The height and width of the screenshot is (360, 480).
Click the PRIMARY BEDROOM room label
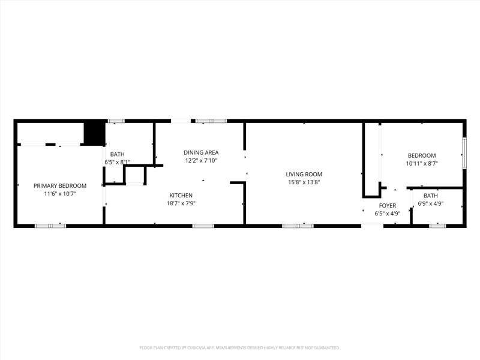pos(60,186)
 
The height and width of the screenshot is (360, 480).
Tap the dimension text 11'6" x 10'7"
pos(60,194)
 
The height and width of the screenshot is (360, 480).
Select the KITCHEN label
pos(181,196)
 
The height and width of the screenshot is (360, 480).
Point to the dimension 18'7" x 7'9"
pos(181,203)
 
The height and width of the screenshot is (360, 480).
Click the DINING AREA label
pos(201,152)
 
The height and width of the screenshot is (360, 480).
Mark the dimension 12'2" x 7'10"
pos(201,160)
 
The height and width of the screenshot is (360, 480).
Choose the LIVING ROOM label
pos(304,174)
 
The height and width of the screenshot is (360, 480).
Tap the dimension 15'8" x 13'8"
pos(304,182)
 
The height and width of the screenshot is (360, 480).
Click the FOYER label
pos(388,205)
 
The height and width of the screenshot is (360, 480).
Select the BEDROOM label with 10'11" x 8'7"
pos(422,155)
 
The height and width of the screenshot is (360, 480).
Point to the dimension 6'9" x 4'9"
pos(431,203)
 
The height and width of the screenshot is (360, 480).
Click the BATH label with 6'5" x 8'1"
pos(118,154)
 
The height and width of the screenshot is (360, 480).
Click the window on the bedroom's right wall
pos(464,153)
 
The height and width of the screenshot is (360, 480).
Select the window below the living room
pos(298,226)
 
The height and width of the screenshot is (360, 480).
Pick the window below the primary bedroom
pos(50,226)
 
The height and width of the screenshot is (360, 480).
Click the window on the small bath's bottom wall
pos(437,226)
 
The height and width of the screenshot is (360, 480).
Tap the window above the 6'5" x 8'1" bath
pos(116,121)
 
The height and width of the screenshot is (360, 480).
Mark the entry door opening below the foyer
pos(372,226)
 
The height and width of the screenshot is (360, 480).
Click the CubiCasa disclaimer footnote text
pos(239,348)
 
